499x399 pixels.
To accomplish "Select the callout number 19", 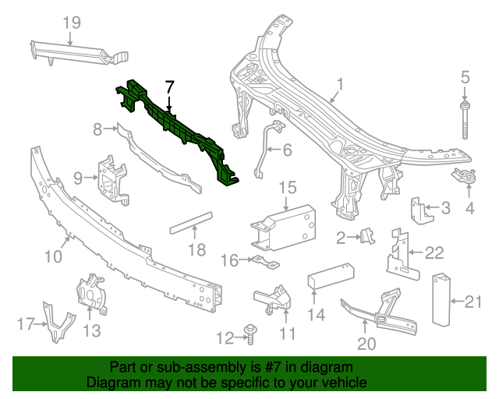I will click(72, 23).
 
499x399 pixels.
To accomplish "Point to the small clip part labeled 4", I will click(466, 178).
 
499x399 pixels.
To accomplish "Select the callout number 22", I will click(434, 252).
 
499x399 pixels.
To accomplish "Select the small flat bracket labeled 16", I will click(263, 261).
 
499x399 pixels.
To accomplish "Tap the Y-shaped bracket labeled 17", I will click(57, 323).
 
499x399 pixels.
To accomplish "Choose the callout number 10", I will click(53, 256).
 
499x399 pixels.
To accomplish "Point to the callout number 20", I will click(366, 343).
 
